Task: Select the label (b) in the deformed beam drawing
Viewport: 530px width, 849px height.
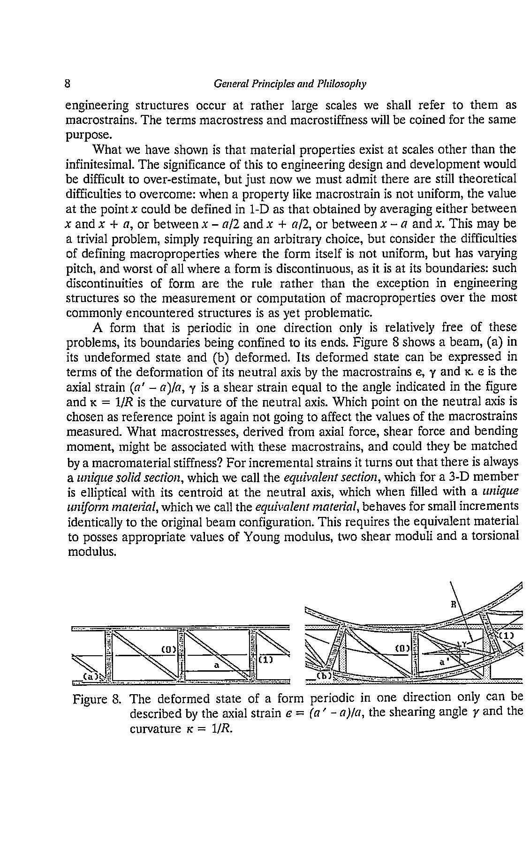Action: click(324, 676)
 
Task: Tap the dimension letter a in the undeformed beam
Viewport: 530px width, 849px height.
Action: click(216, 665)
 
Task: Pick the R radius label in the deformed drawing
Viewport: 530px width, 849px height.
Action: click(453, 605)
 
